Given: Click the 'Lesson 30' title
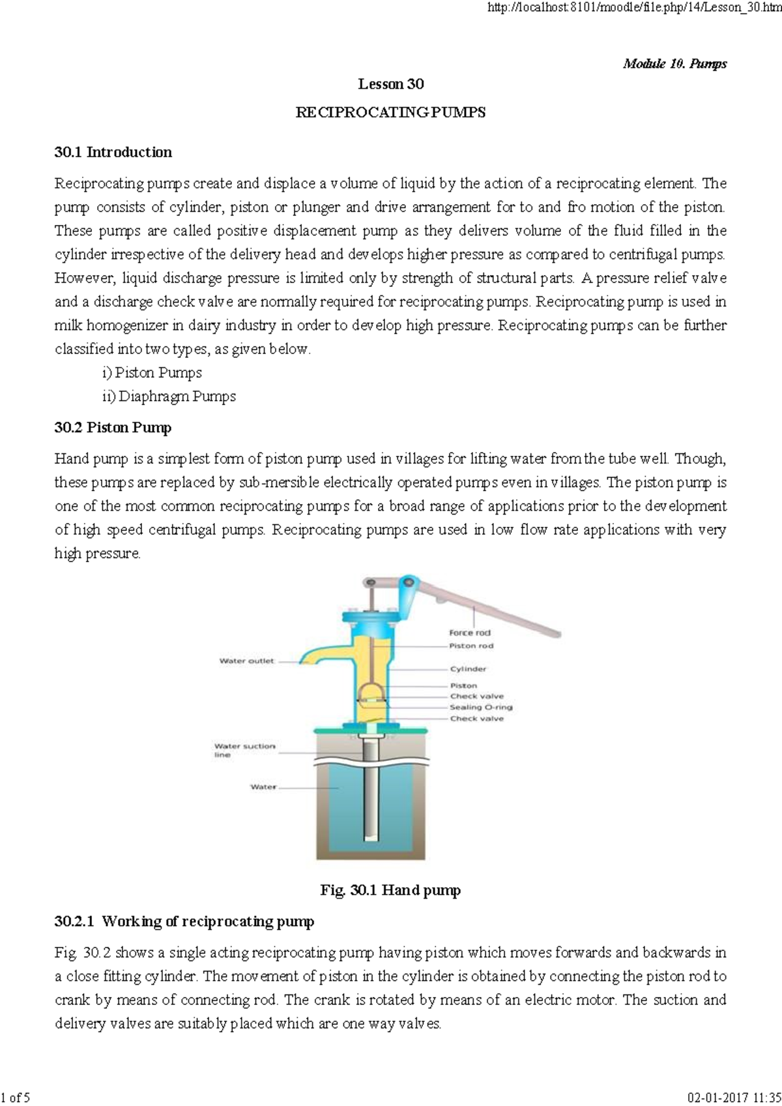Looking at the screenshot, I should pos(390,84).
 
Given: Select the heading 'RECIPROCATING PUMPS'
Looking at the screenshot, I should pos(390,112).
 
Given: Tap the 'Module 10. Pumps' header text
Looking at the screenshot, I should pos(674,63).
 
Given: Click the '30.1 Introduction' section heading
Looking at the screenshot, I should pos(113,152).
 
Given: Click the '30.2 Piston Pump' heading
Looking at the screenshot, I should pos(113,428).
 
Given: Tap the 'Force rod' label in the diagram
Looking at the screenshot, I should pos(469,633).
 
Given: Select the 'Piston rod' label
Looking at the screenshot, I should pos(471,646).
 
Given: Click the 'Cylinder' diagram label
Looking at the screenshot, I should pos(468,669).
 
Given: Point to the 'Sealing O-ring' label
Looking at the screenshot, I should pos(481,707).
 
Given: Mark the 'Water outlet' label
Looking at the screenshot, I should pos(246,661).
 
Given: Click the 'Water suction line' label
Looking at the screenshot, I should pos(244,750).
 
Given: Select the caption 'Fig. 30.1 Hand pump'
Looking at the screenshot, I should pos(390,890).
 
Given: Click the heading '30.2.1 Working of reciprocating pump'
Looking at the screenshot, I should pos(184,921).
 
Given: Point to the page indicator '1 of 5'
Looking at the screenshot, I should pos(17,1097).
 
